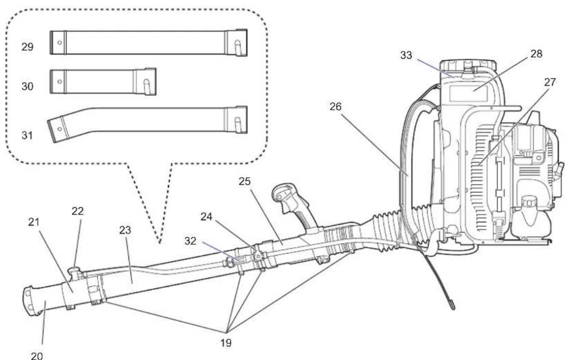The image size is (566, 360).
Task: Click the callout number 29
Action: coord(28,47)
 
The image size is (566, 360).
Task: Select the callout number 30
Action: coord(28,86)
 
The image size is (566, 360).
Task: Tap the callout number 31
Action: coord(28,136)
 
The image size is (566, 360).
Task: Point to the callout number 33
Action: coord(406,55)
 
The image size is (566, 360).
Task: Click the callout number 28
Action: coord(536,54)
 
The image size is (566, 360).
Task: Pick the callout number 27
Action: coord(550,82)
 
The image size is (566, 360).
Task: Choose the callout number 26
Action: coord(335,107)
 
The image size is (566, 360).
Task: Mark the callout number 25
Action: coord(244,181)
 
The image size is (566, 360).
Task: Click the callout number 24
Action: coord(207,217)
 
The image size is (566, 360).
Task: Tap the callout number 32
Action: coord(190,241)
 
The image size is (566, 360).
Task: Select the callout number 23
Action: coord(125,230)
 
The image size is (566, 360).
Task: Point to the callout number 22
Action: coord(77,211)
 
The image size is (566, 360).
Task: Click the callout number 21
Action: coord(34,222)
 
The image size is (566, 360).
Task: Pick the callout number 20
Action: coord(37,356)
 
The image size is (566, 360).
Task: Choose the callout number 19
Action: coord(226,343)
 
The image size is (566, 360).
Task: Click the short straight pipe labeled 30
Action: coord(103,82)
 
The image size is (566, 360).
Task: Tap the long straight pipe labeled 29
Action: coord(148,43)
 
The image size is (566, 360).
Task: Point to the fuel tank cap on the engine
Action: coord(528,202)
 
